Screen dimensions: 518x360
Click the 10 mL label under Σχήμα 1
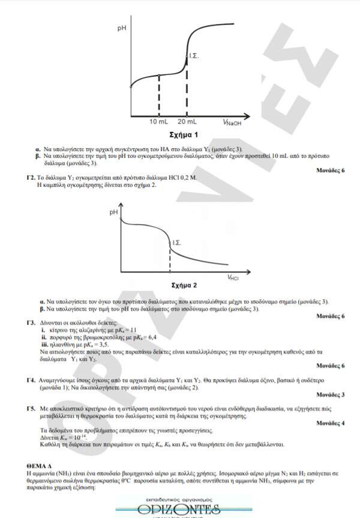(x=159, y=122)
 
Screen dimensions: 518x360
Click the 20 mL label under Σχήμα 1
(x=188, y=122)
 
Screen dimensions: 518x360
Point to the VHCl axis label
(x=233, y=277)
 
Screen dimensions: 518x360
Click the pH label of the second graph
(x=113, y=212)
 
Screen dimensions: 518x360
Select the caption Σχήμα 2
(x=184, y=285)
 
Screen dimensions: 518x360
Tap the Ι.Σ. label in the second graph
(x=177, y=242)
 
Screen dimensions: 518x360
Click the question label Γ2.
(x=30, y=178)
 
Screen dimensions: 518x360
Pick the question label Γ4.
(x=30, y=380)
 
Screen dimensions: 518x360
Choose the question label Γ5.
(x=30, y=408)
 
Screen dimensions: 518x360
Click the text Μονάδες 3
(x=330, y=394)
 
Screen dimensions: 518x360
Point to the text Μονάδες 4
(x=330, y=423)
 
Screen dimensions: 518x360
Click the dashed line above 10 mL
(x=159, y=95)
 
